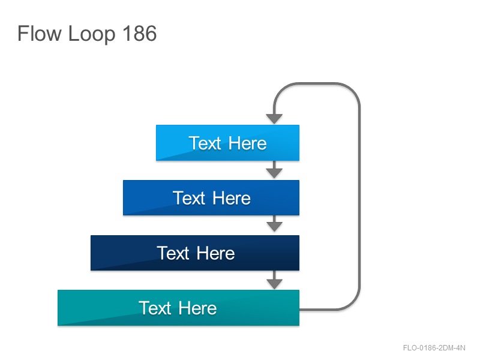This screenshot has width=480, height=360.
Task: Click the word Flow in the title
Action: pyautogui.click(x=40, y=33)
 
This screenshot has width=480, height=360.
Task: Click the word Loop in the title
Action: pyautogui.click(x=92, y=35)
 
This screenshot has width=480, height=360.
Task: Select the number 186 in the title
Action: pyautogui.click(x=140, y=33)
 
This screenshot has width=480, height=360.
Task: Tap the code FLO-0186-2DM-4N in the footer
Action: pyautogui.click(x=434, y=348)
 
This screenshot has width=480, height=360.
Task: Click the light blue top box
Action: pyautogui.click(x=227, y=143)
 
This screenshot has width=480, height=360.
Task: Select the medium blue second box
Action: pyautogui.click(x=211, y=198)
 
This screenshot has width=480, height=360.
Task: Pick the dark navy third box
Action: pyautogui.click(x=194, y=253)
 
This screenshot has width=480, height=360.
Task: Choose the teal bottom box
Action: pyautogui.click(x=178, y=308)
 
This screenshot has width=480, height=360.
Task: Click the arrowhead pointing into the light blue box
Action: pyautogui.click(x=274, y=119)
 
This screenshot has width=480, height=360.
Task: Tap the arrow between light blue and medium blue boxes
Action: pyautogui.click(x=274, y=170)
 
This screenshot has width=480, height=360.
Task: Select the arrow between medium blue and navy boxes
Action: pyautogui.click(x=274, y=223)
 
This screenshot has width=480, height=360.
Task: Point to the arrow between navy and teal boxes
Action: pyautogui.click(x=274, y=280)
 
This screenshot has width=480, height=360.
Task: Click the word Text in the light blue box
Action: pyautogui.click(x=205, y=143)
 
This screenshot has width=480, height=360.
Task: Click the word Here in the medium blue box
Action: pyautogui.click(x=232, y=198)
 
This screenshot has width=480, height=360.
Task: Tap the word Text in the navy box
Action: pyautogui.click(x=173, y=253)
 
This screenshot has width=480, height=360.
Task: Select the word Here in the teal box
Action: pyautogui.click(x=197, y=308)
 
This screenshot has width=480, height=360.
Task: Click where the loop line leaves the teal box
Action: pyautogui.click(x=299, y=310)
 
